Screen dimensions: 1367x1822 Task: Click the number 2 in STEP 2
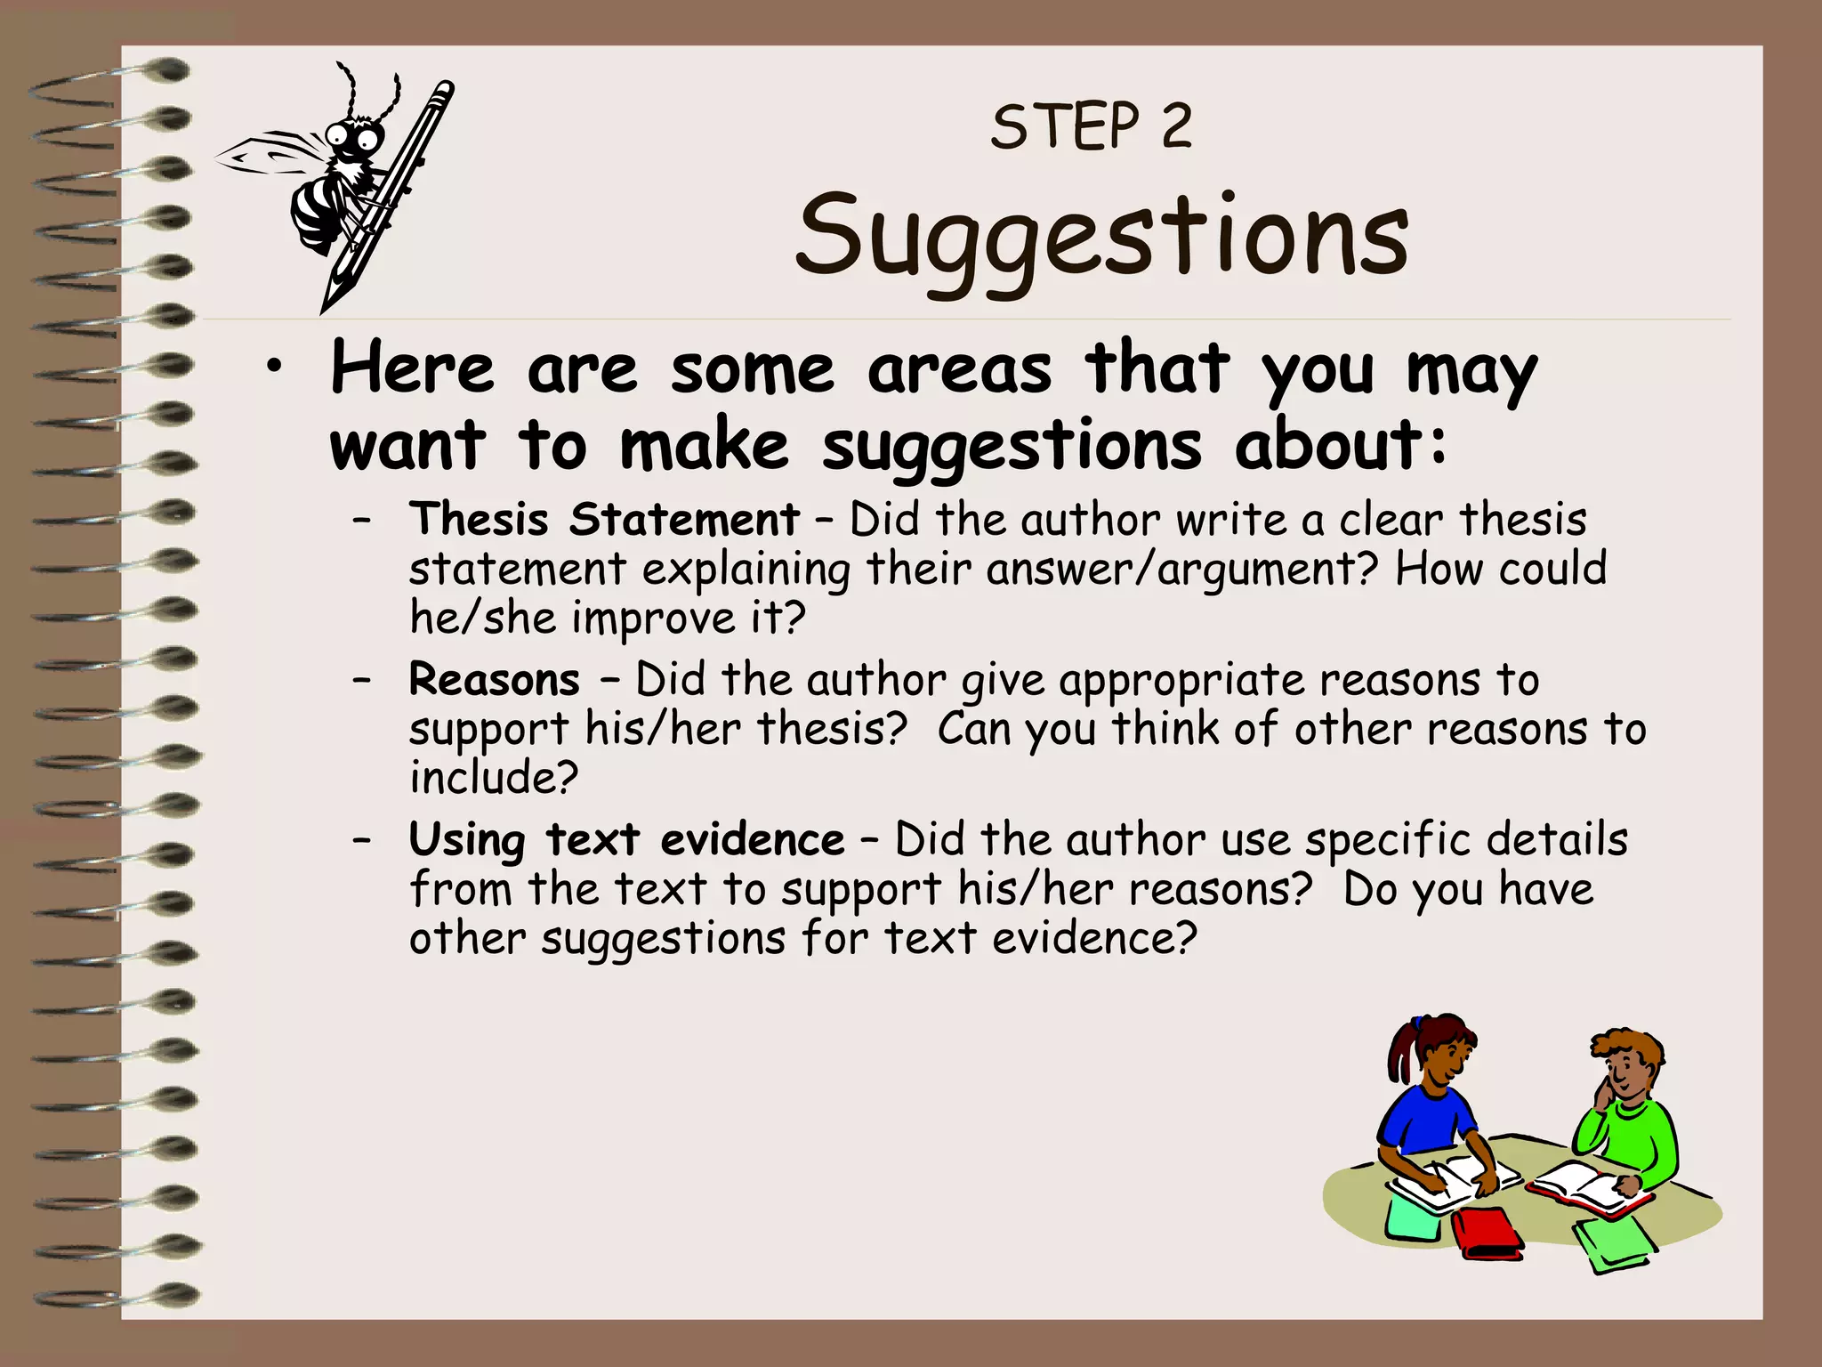tap(1176, 127)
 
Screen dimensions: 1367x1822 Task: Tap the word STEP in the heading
tap(1065, 127)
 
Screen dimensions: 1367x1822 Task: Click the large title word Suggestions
tap(1101, 237)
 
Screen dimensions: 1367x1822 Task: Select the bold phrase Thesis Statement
tap(604, 520)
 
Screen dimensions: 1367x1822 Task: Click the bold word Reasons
tap(495, 680)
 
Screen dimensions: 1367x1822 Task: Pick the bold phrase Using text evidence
tap(626, 840)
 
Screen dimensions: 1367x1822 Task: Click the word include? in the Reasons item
tap(494, 777)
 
